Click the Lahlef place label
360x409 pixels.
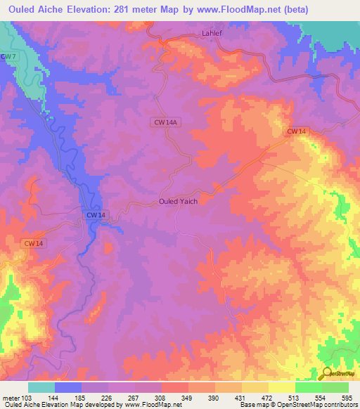[x=212, y=33]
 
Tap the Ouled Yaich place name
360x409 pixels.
[x=178, y=201]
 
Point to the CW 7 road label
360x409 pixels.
[x=7, y=56]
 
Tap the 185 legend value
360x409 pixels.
[x=82, y=398]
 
